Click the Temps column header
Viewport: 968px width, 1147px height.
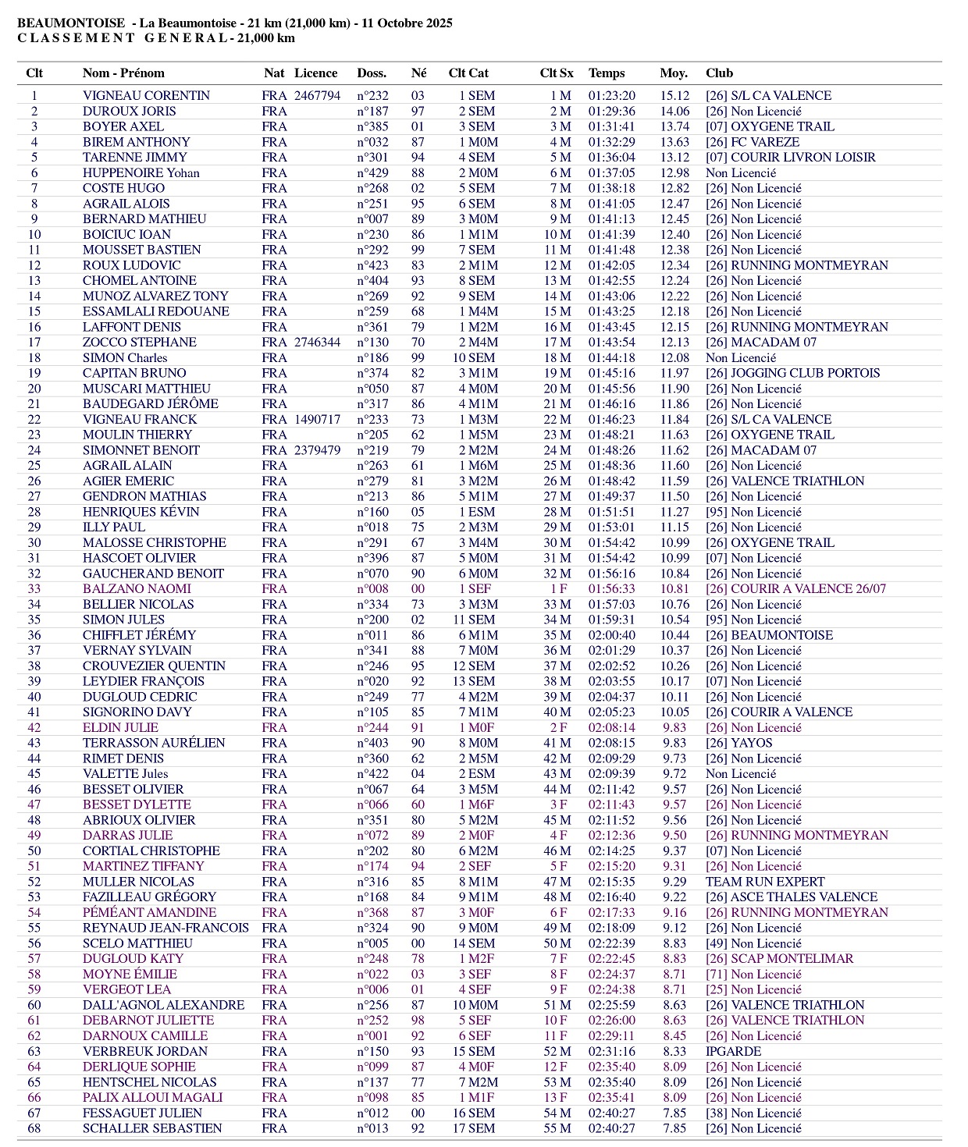607,73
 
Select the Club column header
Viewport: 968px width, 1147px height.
719,73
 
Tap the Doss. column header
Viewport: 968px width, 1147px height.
372,73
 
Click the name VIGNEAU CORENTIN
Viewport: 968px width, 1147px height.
146,96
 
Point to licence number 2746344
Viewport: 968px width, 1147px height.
317,343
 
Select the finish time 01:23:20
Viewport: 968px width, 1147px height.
611,96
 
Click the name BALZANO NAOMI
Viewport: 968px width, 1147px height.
137,589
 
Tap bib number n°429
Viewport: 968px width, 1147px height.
372,173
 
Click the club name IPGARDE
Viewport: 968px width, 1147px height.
733,1051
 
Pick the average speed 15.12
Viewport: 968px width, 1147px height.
674,96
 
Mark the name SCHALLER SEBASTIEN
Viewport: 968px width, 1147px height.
152,1128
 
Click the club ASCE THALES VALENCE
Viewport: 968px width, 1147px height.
792,897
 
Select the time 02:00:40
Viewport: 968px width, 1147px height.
611,635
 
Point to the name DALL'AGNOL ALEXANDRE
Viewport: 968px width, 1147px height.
163,1005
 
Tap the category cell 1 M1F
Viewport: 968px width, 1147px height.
477,1098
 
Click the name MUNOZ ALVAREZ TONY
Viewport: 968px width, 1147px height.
155,297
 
